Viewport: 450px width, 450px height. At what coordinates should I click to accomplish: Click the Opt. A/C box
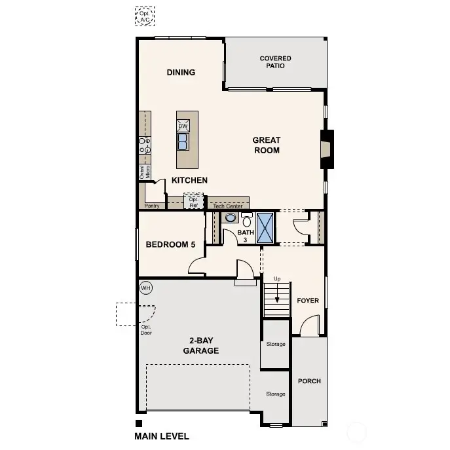click(143, 16)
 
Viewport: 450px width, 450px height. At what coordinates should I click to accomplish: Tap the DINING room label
click(181, 73)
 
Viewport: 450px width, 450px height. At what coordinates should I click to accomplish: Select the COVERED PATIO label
click(275, 62)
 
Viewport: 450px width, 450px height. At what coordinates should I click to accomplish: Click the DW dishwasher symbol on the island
click(183, 125)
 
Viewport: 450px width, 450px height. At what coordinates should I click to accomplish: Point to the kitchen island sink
click(183, 141)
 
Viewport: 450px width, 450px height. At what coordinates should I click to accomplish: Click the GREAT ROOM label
click(267, 145)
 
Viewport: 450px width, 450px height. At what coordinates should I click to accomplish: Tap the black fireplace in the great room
click(326, 145)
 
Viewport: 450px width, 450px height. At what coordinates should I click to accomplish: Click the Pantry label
click(152, 206)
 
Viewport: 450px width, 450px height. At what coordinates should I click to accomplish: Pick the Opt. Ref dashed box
click(193, 202)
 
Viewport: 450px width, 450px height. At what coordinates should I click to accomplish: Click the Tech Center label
click(228, 206)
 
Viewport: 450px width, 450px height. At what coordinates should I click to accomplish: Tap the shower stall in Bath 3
click(265, 228)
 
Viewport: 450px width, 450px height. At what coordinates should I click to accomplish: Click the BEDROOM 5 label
click(170, 244)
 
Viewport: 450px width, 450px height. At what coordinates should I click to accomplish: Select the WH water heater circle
click(145, 288)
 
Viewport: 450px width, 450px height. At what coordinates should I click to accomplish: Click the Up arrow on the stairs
click(277, 292)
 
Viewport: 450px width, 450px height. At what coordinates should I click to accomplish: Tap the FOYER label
click(308, 301)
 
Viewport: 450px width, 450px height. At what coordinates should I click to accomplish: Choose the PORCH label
click(309, 381)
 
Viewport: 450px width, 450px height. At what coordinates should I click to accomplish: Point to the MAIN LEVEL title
click(162, 436)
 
